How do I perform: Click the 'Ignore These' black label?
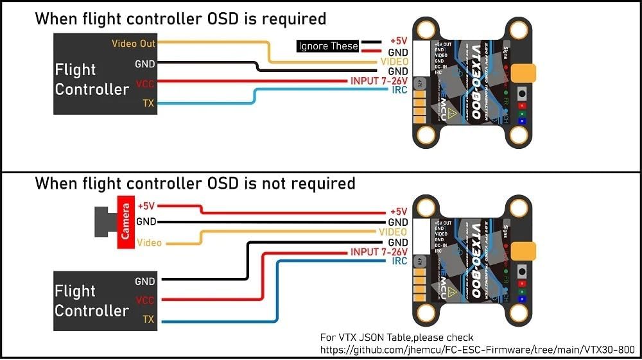click(327, 46)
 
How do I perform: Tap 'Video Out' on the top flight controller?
click(134, 44)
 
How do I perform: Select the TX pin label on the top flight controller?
click(148, 103)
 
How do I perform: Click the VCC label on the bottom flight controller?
click(145, 300)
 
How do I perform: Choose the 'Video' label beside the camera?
click(150, 243)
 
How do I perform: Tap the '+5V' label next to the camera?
click(147, 206)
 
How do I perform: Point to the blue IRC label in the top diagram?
click(399, 90)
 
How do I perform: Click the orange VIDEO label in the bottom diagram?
click(393, 232)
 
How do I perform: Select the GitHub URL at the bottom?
click(477, 350)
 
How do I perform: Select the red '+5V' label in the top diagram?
click(398, 40)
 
